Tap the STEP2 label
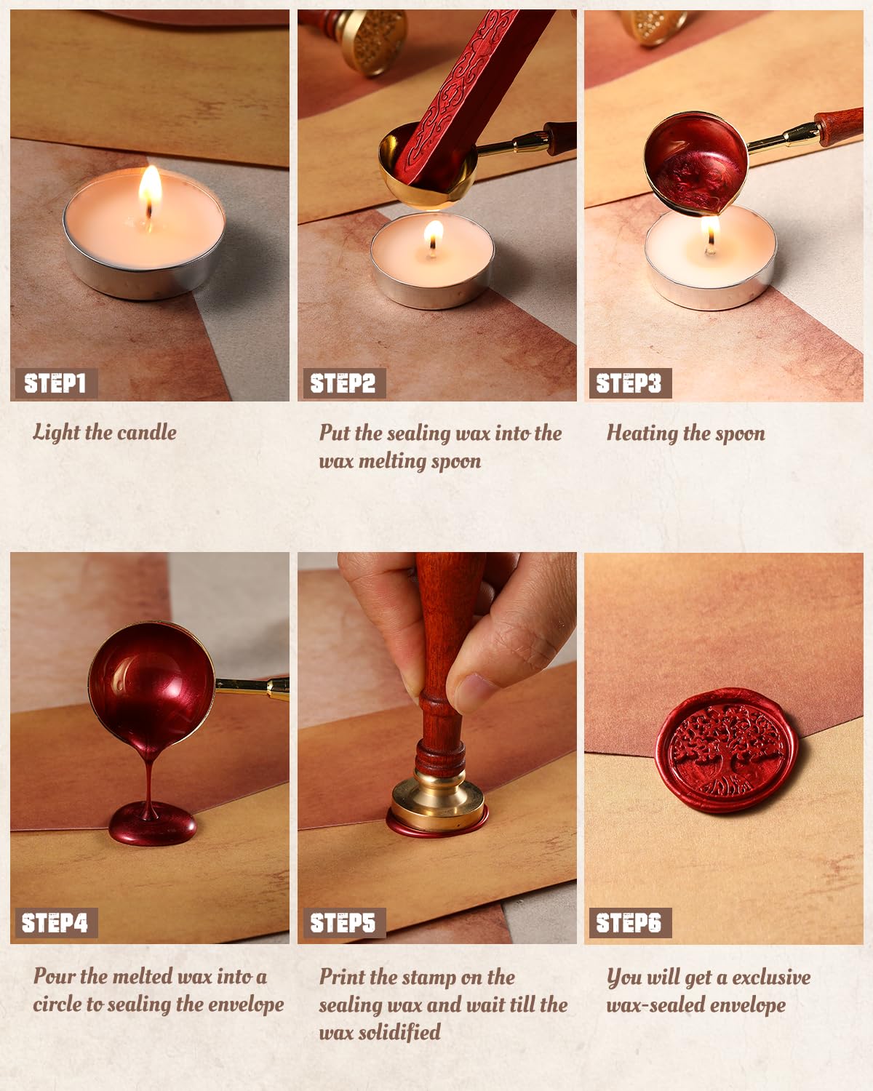(343, 383)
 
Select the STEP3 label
(629, 383)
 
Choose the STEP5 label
(343, 923)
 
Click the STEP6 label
(629, 923)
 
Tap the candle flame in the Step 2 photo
(433, 236)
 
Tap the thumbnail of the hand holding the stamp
(476, 692)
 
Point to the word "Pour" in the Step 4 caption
(54, 976)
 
